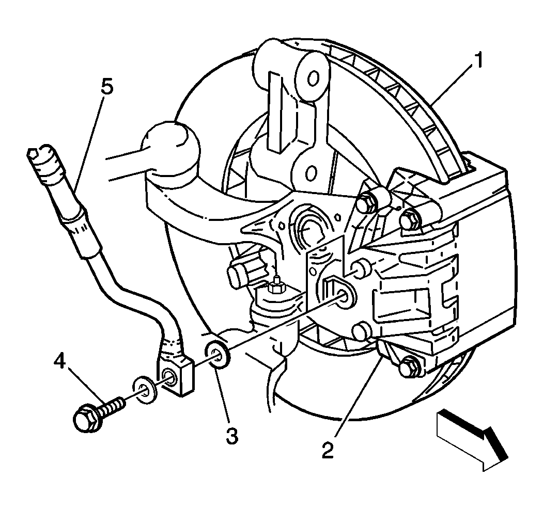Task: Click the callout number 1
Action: point(479,61)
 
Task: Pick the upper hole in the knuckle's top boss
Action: point(312,78)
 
